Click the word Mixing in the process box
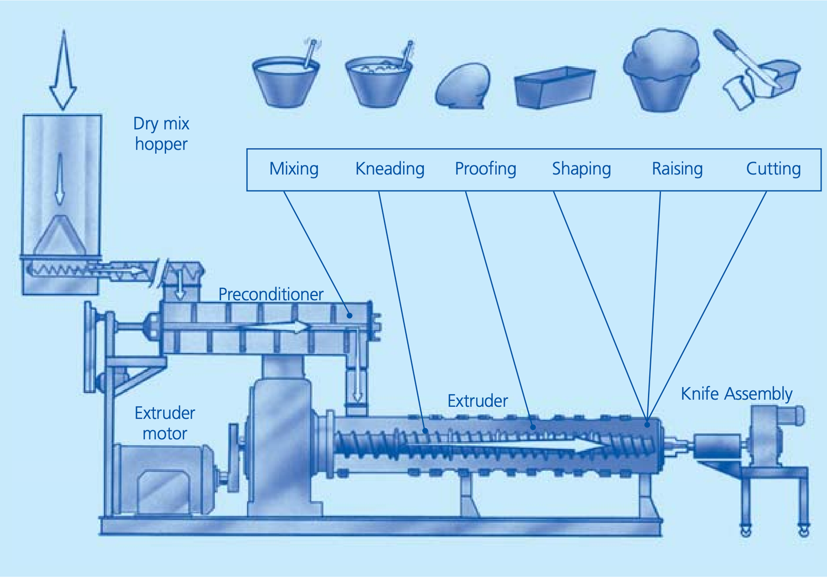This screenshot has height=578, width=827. [294, 169]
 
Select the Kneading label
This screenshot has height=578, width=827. [390, 169]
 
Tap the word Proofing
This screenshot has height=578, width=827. [485, 169]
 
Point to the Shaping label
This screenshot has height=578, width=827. [581, 169]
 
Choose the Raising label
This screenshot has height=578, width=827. [678, 169]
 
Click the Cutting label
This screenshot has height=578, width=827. [773, 169]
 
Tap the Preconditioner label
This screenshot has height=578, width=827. [271, 294]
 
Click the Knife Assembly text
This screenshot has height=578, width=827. [737, 394]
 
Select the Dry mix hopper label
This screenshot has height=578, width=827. [161, 134]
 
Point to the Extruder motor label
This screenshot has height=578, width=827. [165, 423]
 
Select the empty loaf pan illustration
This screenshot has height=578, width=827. [555, 87]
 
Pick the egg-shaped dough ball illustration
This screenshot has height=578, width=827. [463, 86]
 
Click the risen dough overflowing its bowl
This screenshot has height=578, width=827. [661, 70]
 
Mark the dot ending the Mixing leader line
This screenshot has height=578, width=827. [349, 316]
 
